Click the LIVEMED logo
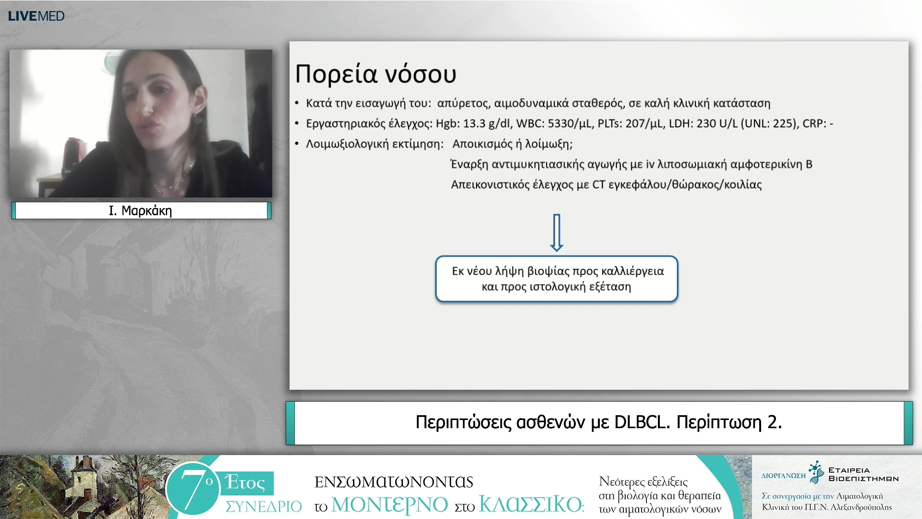click(36, 16)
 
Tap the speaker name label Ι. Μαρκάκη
click(140, 210)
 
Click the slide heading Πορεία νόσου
click(376, 74)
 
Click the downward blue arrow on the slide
click(557, 233)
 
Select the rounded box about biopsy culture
click(557, 279)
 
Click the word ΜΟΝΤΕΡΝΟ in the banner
click(389, 505)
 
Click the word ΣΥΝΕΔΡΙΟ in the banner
click(264, 507)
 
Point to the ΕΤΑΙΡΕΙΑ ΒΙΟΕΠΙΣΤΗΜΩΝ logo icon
click(816, 472)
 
